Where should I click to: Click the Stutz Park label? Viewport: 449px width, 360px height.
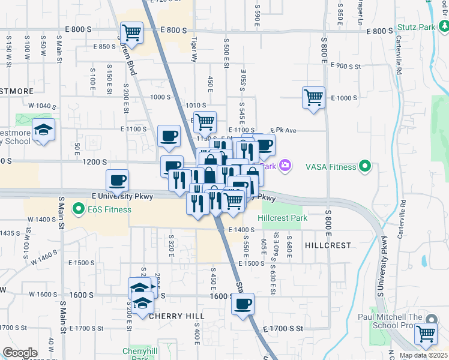tap(416, 28)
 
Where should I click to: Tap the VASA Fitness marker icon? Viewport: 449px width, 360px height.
tap(364, 166)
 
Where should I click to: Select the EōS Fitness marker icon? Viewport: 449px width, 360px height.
tap(77, 209)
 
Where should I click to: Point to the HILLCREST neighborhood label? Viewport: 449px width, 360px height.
tap(327, 245)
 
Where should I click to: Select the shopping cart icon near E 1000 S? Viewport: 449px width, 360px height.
tap(313, 97)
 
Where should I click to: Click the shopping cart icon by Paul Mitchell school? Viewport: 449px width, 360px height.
tap(426, 333)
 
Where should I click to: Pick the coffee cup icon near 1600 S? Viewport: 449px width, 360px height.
tap(243, 304)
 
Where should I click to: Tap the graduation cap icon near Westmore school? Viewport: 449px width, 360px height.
tap(44, 130)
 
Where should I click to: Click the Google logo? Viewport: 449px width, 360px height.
tap(20, 353)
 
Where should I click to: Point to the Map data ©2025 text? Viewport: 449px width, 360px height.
tap(423, 355)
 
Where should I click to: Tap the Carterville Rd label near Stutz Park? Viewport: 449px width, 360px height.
tap(399, 60)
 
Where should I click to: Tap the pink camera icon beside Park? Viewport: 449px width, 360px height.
tap(285, 166)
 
